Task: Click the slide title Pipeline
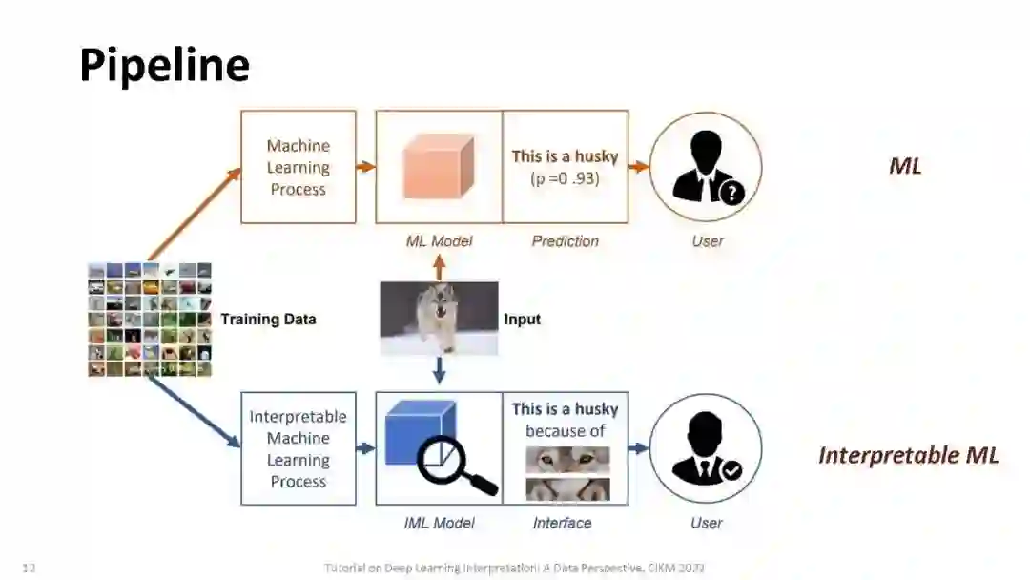coord(164,66)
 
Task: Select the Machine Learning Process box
coord(299,167)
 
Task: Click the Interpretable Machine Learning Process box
coord(299,448)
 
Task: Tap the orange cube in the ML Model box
coord(438,165)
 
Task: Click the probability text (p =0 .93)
coord(565,178)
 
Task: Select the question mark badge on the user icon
coord(731,194)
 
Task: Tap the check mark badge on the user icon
coord(731,470)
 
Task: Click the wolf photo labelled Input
coord(439,318)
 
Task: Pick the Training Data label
coord(268,319)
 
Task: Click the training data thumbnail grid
coord(150,320)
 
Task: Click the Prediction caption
coord(565,241)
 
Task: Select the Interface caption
coord(562,523)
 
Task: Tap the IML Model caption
coord(439,523)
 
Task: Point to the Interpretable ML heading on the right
coord(908,455)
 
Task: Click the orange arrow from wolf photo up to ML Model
coord(439,268)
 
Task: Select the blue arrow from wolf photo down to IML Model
coord(439,369)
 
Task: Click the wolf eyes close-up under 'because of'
coord(567,460)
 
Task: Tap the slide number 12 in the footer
coord(29,569)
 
